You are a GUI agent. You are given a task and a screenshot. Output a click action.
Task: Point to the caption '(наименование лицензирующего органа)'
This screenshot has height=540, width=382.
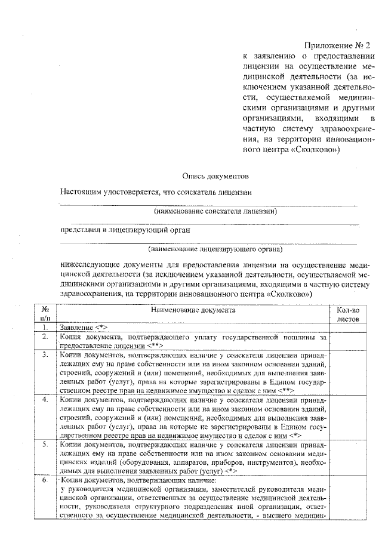point(215,249)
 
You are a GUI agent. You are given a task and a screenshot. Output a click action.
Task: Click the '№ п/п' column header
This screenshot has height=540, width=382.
point(45,314)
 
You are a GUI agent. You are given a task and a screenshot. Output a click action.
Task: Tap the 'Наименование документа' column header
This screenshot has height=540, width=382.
point(193,310)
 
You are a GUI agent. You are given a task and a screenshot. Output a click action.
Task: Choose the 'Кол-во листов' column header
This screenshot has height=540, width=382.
point(347,314)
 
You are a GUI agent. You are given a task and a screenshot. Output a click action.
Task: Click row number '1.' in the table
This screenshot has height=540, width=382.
point(45,328)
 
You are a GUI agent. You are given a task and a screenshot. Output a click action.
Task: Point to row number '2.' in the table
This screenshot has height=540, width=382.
point(45,337)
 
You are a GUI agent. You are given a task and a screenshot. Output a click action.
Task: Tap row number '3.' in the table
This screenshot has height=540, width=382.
point(45,355)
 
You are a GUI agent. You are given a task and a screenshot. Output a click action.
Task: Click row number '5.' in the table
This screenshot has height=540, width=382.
point(45,445)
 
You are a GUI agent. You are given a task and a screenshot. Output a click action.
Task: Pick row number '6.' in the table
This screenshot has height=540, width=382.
point(45,480)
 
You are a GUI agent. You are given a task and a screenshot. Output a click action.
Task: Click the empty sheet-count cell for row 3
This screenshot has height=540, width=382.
point(347,372)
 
